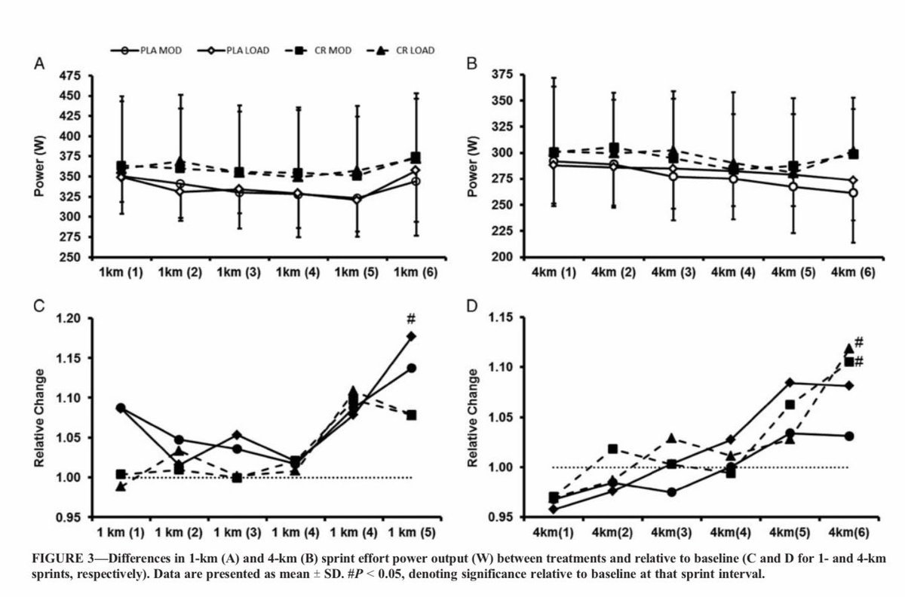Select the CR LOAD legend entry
pyautogui.click(x=406, y=51)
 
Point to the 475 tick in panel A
pyautogui.click(x=69, y=75)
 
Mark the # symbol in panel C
pyautogui.click(x=410, y=318)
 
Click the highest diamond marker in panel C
pyautogui.click(x=412, y=336)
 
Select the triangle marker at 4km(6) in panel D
pyautogui.click(x=848, y=349)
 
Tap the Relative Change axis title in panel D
pyautogui.click(x=474, y=418)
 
